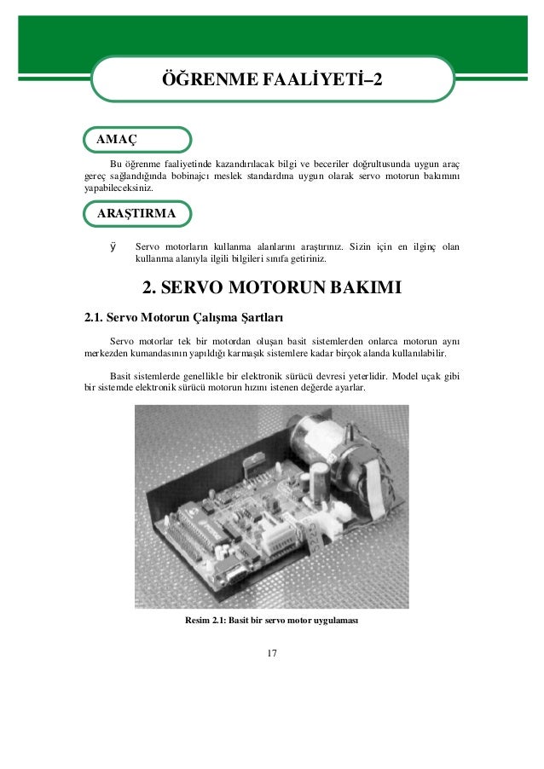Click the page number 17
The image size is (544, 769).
272,653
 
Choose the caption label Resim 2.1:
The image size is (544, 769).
211,620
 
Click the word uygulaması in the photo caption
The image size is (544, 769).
333,620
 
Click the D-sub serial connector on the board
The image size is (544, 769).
234,580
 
